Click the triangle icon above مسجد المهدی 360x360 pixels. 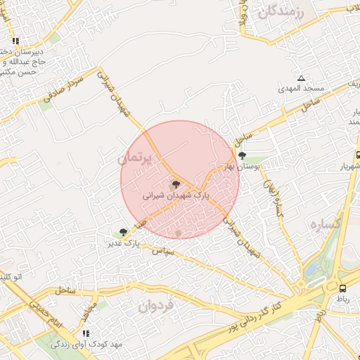click(x=301, y=78)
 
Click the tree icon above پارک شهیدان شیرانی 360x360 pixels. click(x=176, y=184)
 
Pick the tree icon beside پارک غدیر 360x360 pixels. click(x=124, y=232)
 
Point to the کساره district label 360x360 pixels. click(x=326, y=224)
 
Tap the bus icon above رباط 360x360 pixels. click(x=342, y=288)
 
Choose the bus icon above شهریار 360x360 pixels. click(x=358, y=155)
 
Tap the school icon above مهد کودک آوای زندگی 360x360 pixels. click(x=86, y=333)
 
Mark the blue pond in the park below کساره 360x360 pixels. click(x=314, y=269)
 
